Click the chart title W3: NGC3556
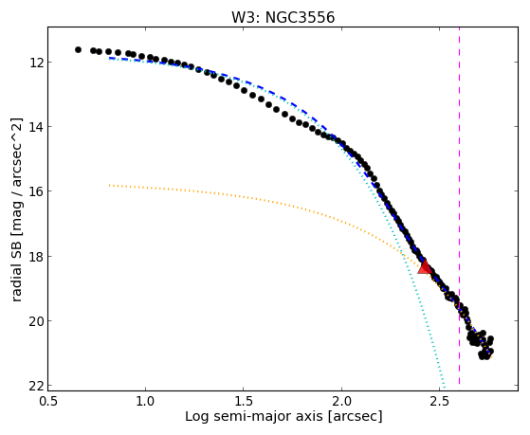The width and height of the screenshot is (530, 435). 283,17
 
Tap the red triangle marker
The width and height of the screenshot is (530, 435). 424,267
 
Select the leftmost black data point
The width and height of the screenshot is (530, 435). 78,49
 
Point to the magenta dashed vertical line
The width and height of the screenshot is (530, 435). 459,206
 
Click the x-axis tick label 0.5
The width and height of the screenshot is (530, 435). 48,401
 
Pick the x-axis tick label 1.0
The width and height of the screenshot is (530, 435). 145,401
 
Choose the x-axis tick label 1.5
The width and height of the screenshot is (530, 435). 243,401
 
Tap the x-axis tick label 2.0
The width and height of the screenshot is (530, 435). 341,401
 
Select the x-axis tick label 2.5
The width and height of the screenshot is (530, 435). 439,401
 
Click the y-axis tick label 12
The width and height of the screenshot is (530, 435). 35,63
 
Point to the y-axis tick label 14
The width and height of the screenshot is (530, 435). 35,127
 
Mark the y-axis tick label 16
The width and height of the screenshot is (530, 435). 35,191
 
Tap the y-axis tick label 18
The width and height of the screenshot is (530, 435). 35,256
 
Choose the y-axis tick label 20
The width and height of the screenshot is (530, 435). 35,320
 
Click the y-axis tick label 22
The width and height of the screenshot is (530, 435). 35,386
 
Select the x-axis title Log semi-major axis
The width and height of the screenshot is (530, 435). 254,416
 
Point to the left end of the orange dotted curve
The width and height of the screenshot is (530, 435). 109,185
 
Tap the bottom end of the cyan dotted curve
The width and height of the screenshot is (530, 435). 445,388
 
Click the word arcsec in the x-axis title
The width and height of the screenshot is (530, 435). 355,416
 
